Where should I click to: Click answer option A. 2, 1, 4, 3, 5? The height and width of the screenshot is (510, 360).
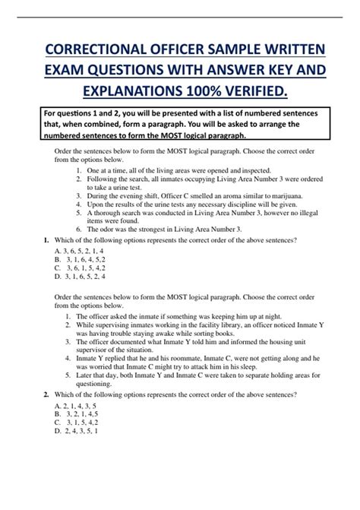pos(71,407)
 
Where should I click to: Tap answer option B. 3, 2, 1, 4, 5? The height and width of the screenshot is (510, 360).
pos(72,415)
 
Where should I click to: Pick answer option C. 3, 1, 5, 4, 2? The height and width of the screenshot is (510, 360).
pos(72,424)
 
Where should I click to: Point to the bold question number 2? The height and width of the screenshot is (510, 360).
pos(47,395)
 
